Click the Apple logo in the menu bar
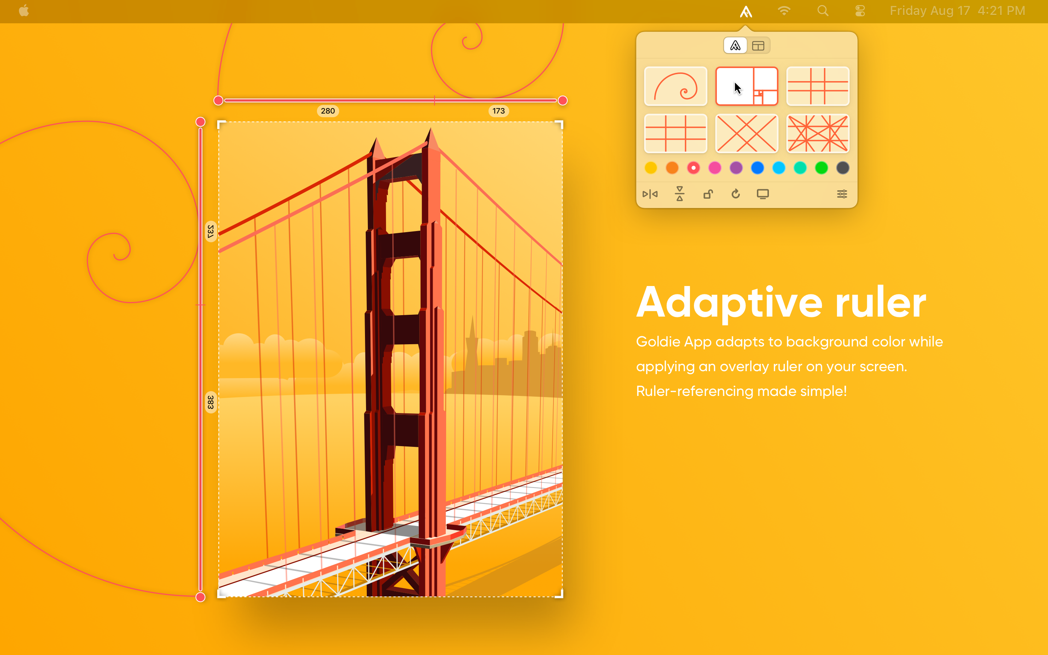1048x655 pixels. tap(24, 11)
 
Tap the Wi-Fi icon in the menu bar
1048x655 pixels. tap(784, 11)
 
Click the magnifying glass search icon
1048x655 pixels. tap(823, 11)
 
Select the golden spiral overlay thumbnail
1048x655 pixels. tap(675, 86)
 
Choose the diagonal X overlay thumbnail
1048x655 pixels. tap(747, 134)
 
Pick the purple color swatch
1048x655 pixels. tap(736, 168)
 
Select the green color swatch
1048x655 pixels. tap(821, 168)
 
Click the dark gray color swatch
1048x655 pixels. tap(842, 168)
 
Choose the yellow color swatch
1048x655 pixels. tap(651, 168)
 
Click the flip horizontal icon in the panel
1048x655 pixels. tap(650, 194)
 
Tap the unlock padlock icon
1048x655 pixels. tap(708, 194)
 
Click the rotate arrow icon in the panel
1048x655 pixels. tap(735, 194)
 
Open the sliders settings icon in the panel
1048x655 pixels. tap(842, 194)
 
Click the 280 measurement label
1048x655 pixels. tap(328, 111)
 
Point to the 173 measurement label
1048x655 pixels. tap(499, 111)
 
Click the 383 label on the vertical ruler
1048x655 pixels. tap(210, 402)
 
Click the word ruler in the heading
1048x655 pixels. tap(880, 303)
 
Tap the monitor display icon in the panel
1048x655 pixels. tap(763, 194)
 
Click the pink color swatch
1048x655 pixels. tap(715, 168)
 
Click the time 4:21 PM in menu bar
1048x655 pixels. tap(1001, 11)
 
